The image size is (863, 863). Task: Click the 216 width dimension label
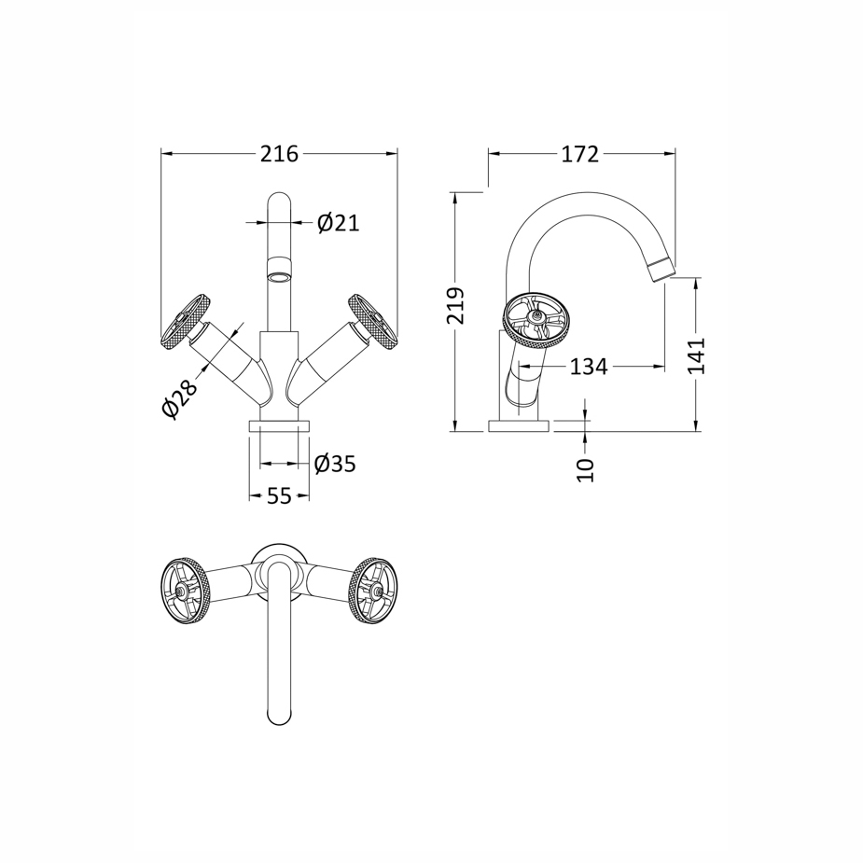pyautogui.click(x=279, y=154)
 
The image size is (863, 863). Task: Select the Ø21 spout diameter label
pyautogui.click(x=337, y=223)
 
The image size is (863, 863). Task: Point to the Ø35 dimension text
pyautogui.click(x=335, y=464)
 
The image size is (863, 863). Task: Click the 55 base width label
pyautogui.click(x=279, y=496)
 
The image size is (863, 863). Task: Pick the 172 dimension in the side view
pyautogui.click(x=579, y=154)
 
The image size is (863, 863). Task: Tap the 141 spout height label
pyautogui.click(x=697, y=355)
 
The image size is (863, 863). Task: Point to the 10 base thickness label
pyautogui.click(x=586, y=468)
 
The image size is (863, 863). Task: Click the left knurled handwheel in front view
pyautogui.click(x=184, y=321)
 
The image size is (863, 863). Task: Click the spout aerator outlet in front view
pyautogui.click(x=279, y=273)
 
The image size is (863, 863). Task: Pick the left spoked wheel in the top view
pyautogui.click(x=186, y=589)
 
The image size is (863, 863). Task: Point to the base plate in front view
pyautogui.click(x=279, y=426)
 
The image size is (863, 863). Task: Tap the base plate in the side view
pyautogui.click(x=519, y=426)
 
